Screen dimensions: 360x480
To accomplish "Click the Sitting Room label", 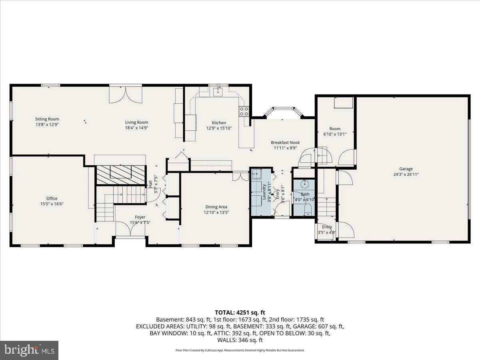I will pos(47,119).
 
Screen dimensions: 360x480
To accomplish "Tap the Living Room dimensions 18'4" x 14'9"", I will pos(136,128).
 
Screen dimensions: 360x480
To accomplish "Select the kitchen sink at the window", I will pos(218,93).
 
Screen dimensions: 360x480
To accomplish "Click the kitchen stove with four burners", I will pos(244,111).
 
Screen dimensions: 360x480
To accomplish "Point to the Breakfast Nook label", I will pos(285,142).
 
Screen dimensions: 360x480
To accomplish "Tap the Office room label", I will pos(52,198).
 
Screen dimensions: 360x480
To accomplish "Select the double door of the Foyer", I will pos(130,230).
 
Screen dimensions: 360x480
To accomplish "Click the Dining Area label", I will pos(216,207).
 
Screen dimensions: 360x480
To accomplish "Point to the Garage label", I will pos(406,169).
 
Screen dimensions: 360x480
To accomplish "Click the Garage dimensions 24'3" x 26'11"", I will pos(406,174).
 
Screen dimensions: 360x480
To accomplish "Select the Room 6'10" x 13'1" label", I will pos(335,129).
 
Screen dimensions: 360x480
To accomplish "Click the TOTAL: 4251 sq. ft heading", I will pos(240,312).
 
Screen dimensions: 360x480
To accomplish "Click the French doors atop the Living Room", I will pos(126,94).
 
